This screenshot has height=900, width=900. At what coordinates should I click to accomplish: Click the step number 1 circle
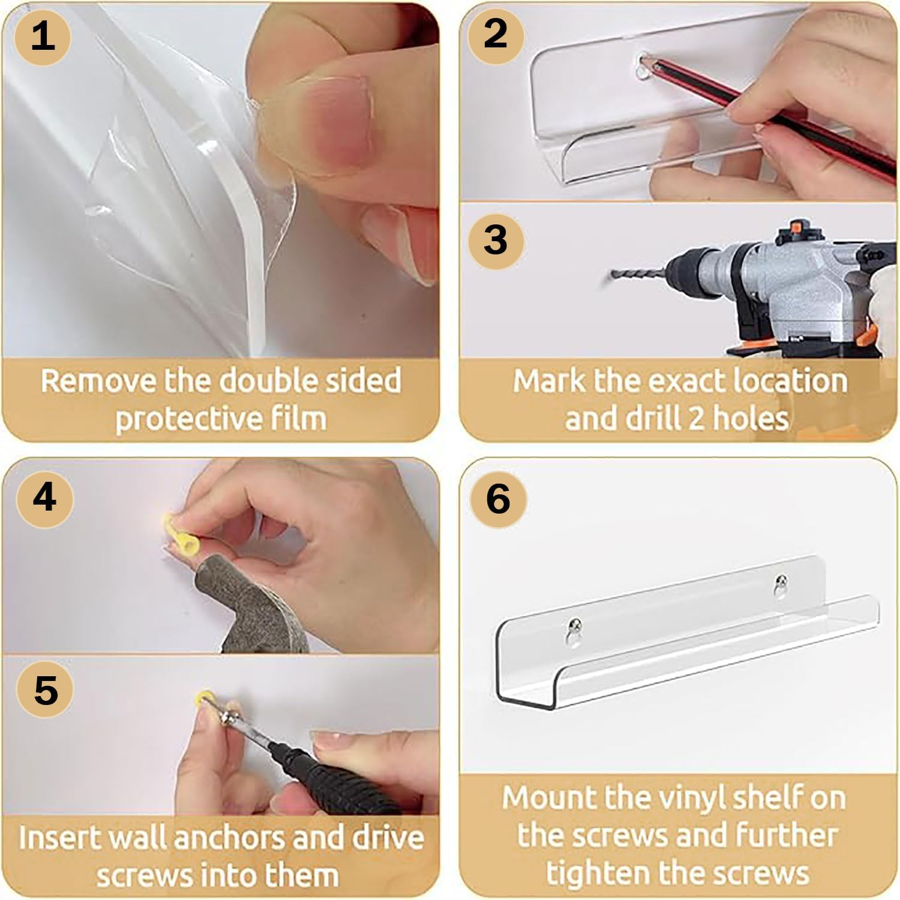tap(43, 36)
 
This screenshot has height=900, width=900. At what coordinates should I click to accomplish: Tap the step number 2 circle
tap(495, 34)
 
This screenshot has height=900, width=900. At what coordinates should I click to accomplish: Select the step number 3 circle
tap(496, 240)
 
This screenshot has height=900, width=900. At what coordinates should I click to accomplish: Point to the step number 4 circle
tap(45, 498)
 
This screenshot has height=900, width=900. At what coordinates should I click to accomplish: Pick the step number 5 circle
tap(46, 690)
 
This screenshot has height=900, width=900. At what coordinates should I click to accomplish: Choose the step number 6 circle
tap(498, 499)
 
